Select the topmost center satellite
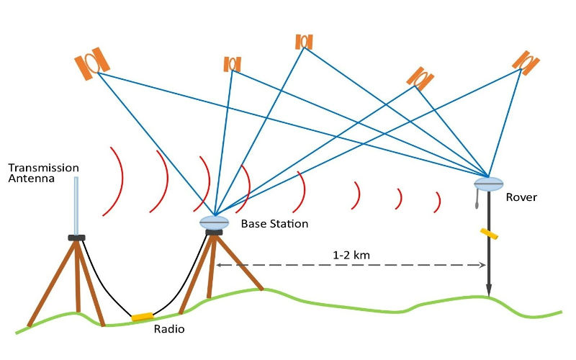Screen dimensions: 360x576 coord(304,41)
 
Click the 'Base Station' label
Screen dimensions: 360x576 coord(274,224)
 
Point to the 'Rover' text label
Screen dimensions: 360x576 coord(521,197)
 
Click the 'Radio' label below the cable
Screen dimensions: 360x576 coord(169,330)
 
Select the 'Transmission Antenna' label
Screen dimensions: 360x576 coord(43,174)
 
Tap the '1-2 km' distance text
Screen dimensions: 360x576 coord(352,255)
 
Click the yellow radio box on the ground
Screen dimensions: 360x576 coord(142,316)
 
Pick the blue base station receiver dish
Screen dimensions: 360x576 coord(214,222)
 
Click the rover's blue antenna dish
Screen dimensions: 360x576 coord(488,184)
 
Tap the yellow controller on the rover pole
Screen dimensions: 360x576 coord(490,234)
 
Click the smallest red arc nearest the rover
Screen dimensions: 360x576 coord(437,202)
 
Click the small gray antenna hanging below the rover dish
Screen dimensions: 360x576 coord(477,201)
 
